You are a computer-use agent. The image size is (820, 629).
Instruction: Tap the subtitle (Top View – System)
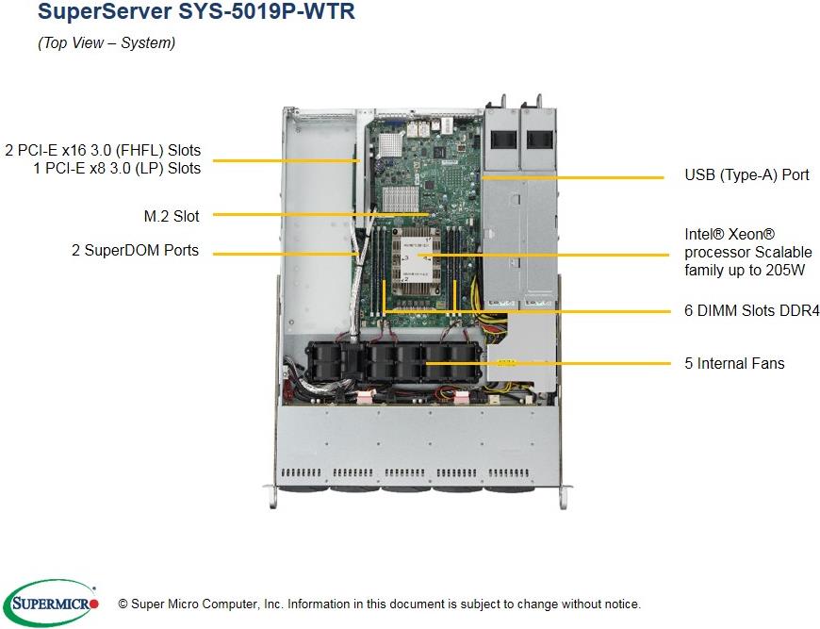pos(106,43)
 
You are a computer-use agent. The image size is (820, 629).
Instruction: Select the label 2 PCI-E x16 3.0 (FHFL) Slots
pos(103,150)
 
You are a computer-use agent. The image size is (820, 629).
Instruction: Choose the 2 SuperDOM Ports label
pos(135,251)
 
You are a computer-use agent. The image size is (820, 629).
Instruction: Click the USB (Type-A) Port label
pos(746,174)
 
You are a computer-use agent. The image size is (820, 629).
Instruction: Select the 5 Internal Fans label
pos(734,363)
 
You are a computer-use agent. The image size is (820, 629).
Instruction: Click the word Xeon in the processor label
pos(745,234)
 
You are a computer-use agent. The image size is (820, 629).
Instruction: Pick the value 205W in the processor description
pos(784,270)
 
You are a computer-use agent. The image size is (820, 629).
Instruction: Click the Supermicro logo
pos(51,602)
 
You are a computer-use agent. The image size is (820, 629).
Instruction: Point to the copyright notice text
pos(379,604)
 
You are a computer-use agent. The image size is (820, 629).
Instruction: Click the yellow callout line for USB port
pos(575,176)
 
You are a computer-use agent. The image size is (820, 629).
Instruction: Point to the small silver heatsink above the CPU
pos(401,197)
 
